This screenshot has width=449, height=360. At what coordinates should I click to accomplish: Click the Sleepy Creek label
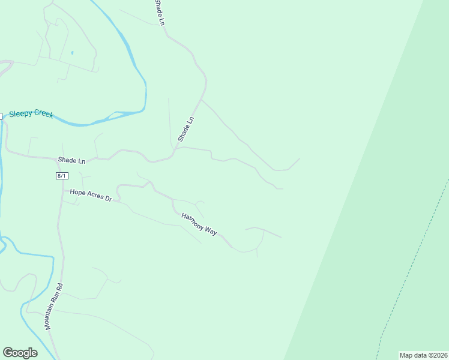31,113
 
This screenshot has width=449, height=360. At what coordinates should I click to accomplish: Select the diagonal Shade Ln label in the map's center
186,129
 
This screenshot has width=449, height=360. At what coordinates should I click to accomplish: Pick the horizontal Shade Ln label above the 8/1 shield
71,161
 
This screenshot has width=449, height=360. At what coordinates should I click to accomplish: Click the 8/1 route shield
62,176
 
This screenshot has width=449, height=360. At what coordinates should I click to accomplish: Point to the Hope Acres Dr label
91,194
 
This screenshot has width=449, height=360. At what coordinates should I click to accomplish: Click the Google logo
20,353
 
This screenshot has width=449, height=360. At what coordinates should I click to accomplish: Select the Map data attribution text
424,355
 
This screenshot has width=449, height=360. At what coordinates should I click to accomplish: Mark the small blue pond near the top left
72,53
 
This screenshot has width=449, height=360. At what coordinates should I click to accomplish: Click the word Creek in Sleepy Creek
43,114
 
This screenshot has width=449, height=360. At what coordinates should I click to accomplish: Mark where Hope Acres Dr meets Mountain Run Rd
62,191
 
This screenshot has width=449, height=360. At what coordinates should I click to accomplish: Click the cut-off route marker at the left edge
1,116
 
